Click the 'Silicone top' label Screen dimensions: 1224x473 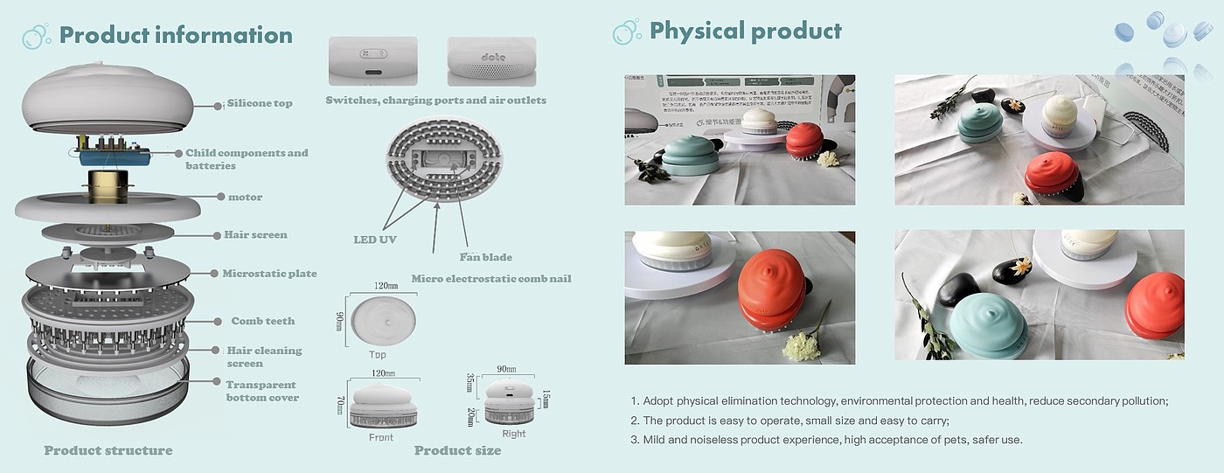[260, 103]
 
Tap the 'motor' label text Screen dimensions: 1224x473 [245, 198]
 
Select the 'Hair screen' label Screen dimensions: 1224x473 [255, 234]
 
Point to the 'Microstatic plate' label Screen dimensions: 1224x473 [269, 274]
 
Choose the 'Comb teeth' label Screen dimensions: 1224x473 [262, 321]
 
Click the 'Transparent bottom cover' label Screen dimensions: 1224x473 [262, 391]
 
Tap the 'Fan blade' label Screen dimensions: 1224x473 [485, 257]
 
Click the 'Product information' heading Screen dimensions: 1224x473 [175, 35]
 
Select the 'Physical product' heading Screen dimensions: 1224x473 [745, 31]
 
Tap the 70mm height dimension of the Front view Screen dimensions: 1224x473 [340, 406]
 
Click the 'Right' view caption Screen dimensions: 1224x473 [514, 434]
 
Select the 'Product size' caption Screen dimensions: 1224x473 [457, 450]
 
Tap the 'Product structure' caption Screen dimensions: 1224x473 [108, 450]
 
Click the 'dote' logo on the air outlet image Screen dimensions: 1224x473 [494, 57]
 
